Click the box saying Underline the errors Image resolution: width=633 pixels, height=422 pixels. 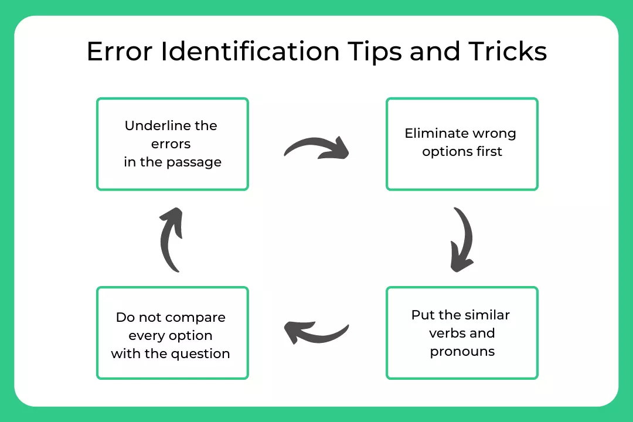click(x=172, y=144)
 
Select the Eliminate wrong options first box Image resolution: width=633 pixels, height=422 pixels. click(x=462, y=144)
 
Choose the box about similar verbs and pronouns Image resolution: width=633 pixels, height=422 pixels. click(x=462, y=333)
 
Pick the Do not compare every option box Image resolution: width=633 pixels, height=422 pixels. click(x=172, y=333)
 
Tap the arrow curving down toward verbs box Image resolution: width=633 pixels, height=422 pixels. click(x=462, y=239)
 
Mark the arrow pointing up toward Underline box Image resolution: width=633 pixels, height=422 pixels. click(x=171, y=239)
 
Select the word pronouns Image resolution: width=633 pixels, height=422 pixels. click(x=462, y=352)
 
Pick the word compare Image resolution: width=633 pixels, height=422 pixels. click(x=195, y=317)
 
